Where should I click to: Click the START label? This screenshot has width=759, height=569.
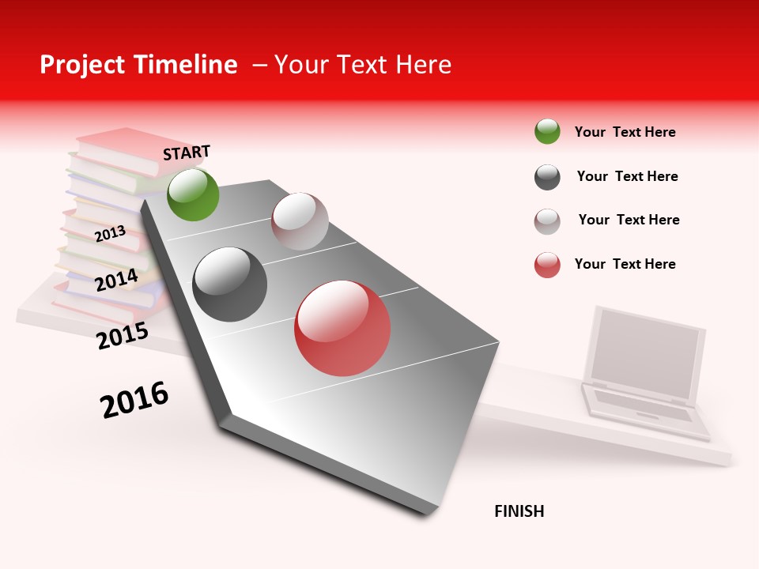187,153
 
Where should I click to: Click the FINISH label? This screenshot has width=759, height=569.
519,511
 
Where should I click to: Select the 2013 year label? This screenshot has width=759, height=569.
110,233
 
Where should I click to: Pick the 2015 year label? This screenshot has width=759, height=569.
123,336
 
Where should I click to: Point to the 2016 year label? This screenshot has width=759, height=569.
134,399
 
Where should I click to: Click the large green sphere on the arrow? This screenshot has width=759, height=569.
193,194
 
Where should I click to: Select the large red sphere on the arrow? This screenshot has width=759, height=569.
342,328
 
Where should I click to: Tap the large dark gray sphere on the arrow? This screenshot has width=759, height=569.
230,284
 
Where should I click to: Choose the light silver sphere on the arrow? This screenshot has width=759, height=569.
300,221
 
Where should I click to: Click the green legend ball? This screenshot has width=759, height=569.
547,131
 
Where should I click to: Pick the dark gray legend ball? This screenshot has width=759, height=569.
547,177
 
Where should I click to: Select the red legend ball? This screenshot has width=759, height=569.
547,265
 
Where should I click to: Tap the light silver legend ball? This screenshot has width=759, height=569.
547,221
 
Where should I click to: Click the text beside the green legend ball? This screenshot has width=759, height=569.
625,132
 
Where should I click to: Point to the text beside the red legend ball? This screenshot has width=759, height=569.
625,264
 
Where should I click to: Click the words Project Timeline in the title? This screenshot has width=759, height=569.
138,65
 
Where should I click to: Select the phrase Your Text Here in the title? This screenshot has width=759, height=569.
362,65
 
